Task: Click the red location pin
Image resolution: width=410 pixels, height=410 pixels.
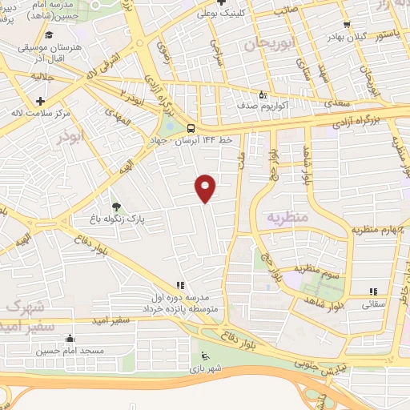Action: (x=206, y=187)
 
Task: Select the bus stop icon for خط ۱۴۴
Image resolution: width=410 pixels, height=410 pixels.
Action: (x=191, y=128)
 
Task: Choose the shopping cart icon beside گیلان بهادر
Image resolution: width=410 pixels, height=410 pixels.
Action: (x=345, y=25)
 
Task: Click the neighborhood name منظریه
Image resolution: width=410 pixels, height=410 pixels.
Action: (x=286, y=217)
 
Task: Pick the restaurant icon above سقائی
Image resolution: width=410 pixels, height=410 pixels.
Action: (x=372, y=292)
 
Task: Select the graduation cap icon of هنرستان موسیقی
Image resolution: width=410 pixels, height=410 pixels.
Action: (x=50, y=35)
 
